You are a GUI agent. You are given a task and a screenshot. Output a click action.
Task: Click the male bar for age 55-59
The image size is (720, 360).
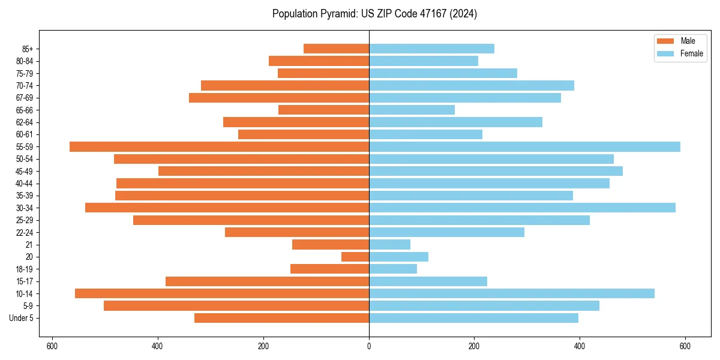point(219,147)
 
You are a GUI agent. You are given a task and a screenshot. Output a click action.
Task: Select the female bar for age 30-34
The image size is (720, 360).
point(522,208)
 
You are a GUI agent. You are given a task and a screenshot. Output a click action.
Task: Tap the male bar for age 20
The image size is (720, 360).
point(355,257)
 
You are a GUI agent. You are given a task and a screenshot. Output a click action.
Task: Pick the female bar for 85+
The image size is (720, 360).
point(431,49)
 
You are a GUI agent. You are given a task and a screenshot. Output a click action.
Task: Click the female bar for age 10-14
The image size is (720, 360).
point(511,293)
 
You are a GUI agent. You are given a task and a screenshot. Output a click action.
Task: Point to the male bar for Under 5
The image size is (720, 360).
point(281,318)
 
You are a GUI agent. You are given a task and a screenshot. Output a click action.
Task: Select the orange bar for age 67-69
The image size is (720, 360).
point(279,98)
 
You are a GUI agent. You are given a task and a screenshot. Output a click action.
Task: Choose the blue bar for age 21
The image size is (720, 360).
point(389,245)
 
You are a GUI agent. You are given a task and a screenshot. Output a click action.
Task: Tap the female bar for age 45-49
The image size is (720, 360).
point(496,171)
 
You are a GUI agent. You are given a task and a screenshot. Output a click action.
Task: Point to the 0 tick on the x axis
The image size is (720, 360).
point(369,346)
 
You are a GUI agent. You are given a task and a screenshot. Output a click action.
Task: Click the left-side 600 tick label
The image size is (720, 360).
point(52,346)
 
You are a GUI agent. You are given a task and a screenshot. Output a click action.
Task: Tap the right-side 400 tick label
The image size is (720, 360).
point(580,346)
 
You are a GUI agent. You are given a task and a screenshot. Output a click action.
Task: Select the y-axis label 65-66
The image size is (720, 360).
point(24,110)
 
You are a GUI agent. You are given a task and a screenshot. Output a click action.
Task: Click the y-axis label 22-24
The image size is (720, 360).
point(24,232)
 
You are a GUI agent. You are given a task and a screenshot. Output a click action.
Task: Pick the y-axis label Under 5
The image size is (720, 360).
point(22,318)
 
